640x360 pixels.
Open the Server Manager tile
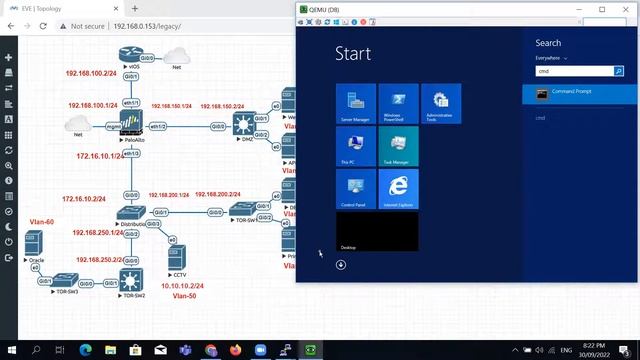point(356,104)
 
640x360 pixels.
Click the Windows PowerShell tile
point(398,104)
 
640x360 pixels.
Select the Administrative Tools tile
point(441,104)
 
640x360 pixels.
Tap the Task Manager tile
point(398,146)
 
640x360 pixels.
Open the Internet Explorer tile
point(398,188)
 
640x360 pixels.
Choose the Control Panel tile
point(356,188)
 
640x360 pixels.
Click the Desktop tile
point(377,231)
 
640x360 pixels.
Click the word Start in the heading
point(353,53)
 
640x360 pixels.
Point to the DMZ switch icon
point(243,123)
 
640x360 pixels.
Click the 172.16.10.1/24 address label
point(99,156)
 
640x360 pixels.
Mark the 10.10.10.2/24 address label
point(181,285)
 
